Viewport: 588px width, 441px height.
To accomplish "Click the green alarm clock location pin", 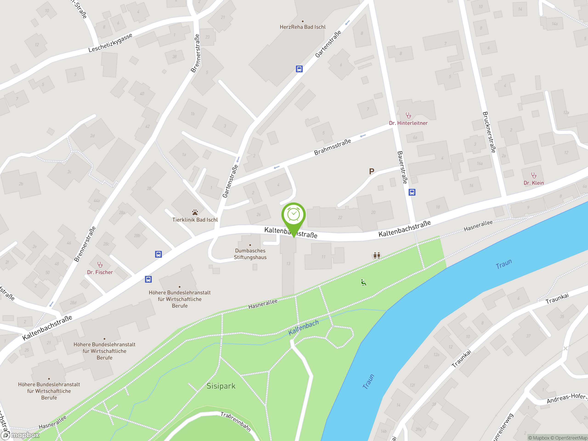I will point(294,215).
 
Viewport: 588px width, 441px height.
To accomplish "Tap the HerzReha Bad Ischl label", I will point(302,27).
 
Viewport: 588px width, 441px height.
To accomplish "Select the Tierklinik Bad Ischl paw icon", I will point(195,212).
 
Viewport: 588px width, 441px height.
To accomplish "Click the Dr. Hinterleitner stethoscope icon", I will point(408,115).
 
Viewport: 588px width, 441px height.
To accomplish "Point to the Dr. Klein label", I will point(534,183).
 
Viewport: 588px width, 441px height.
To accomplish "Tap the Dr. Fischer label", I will point(100,272).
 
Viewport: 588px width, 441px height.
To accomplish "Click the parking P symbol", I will point(372,171).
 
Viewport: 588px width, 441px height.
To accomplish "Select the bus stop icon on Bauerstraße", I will point(412,192).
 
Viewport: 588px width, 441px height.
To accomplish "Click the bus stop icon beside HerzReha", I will point(299,69).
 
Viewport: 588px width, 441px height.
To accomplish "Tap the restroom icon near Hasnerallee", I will point(376,255).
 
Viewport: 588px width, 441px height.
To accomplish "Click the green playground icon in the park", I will point(363,282).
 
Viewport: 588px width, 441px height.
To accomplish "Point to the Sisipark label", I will point(221,386).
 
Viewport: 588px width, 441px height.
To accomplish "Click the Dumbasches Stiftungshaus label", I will point(250,254).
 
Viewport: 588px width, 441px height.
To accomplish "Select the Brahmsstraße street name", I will point(332,147).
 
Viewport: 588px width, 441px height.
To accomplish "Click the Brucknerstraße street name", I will point(489,132).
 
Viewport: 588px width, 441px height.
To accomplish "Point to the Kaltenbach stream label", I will point(303,328).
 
